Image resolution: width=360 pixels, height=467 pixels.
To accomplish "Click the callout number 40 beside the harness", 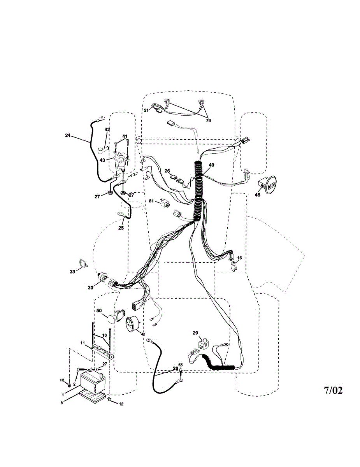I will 211,165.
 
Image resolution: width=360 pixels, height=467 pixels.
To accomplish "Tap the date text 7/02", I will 334,390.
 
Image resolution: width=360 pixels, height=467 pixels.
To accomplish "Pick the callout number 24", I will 68,136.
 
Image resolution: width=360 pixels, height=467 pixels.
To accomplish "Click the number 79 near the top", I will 208,121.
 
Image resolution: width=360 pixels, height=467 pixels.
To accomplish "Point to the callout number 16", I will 239,258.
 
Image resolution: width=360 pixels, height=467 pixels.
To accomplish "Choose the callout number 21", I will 146,110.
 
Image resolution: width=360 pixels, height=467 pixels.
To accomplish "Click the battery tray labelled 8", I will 93,397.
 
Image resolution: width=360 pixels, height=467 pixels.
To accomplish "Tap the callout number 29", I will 195,333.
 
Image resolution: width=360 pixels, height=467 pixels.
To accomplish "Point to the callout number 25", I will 121,228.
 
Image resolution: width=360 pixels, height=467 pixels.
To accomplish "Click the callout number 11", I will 83,343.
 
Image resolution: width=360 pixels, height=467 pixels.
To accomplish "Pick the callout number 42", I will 107,129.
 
